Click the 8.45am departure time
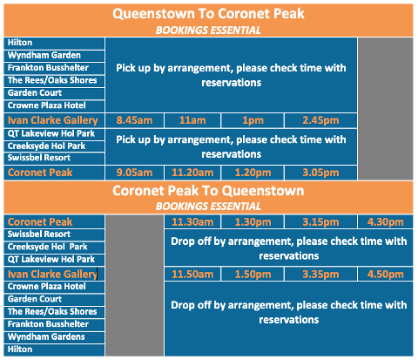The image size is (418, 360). click(x=134, y=120)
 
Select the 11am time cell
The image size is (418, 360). click(x=192, y=120)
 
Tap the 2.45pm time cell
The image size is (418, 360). click(x=320, y=120)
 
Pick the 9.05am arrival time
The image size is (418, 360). click(x=134, y=173)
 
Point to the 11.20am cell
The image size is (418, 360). click(x=192, y=173)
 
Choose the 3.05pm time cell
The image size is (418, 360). click(x=320, y=173)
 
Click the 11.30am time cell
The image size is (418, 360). click(x=192, y=222)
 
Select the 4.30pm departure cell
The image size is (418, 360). click(x=386, y=222)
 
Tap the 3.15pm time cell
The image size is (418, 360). click(x=320, y=222)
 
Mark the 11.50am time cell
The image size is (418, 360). click(x=192, y=275)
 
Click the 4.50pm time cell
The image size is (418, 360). click(x=386, y=275)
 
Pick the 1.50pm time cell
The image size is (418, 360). click(x=253, y=275)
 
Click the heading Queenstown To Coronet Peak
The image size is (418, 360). click(x=208, y=14)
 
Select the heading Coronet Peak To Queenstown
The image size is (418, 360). click(x=208, y=191)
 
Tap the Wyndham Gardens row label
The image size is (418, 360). click(x=46, y=337)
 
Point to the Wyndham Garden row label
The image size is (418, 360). click(x=44, y=55)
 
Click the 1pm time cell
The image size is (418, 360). click(x=253, y=120)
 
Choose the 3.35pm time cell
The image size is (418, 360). click(x=320, y=275)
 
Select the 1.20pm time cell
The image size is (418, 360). click(x=253, y=173)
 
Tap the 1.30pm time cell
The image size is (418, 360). click(x=253, y=222)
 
